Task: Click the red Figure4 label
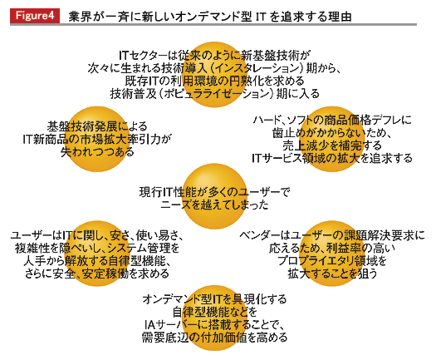pos(35,16)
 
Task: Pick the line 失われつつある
pos(97,152)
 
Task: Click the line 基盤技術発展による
pos(97,126)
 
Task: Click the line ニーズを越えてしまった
pos(214,205)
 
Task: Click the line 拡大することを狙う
pos(332,274)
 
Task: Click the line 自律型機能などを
pos(214,312)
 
